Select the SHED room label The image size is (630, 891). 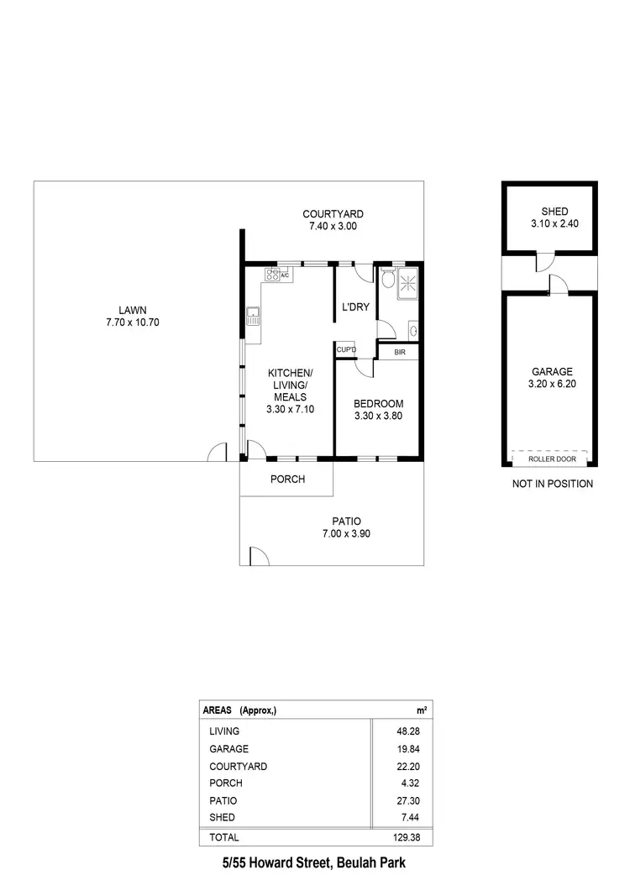(550, 212)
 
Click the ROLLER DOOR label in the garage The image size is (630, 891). (551, 459)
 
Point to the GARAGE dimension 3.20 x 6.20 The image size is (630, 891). (551, 385)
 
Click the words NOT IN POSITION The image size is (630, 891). (552, 484)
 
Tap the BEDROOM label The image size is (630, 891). (379, 403)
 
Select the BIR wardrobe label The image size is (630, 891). (400, 353)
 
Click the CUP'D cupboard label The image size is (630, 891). (346, 349)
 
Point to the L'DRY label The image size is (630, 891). (355, 307)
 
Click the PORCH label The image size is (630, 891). (287, 480)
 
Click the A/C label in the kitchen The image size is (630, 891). (284, 275)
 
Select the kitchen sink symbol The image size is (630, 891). (253, 317)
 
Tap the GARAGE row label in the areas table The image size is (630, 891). (228, 749)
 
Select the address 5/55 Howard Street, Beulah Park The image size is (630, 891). (314, 863)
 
